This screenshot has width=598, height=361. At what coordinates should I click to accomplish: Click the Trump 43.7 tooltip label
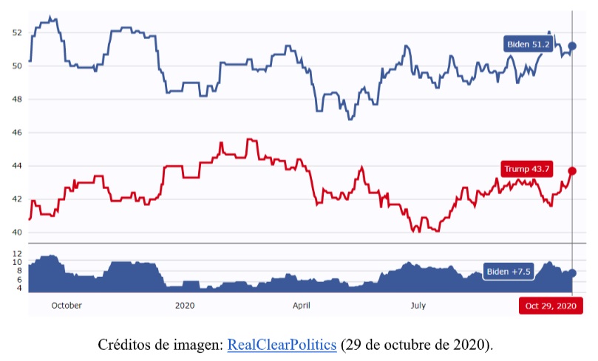(526, 169)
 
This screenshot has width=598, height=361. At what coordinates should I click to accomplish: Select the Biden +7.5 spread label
(509, 272)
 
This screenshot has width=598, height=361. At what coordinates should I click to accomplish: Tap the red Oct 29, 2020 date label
(550, 306)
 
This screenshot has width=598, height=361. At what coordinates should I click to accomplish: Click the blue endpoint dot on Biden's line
(572, 47)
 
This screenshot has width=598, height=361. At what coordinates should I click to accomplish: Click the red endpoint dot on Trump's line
(572, 171)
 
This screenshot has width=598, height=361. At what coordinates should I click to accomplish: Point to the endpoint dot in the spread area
(572, 273)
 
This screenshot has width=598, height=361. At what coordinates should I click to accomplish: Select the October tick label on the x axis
(67, 305)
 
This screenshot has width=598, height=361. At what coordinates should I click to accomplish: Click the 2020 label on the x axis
(185, 305)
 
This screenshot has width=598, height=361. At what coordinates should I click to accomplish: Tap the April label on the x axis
(302, 305)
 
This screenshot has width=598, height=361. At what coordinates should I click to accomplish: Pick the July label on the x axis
(418, 305)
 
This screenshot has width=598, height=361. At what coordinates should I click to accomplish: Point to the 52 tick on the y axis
(18, 32)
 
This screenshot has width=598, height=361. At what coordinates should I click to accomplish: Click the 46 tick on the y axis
(18, 133)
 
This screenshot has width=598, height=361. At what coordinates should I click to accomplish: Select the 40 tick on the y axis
(18, 233)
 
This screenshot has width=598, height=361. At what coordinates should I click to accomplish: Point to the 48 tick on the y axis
(18, 100)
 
